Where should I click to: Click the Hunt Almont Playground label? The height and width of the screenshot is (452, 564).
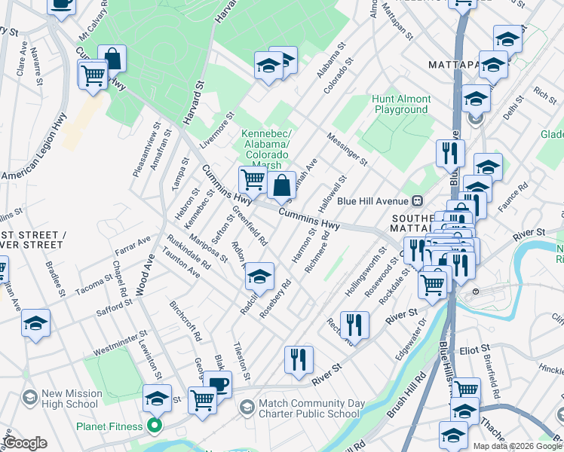401,104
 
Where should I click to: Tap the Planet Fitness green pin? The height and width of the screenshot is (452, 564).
155,427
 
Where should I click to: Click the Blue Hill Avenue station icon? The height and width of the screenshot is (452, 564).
416,201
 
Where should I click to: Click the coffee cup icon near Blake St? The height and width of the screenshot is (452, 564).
218,384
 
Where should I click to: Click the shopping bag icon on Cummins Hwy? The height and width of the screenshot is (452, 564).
281,186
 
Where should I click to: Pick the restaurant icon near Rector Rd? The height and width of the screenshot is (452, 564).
354,325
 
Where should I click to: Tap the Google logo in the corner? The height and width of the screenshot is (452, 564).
26,443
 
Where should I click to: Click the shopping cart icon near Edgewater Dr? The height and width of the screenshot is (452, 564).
432,284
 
